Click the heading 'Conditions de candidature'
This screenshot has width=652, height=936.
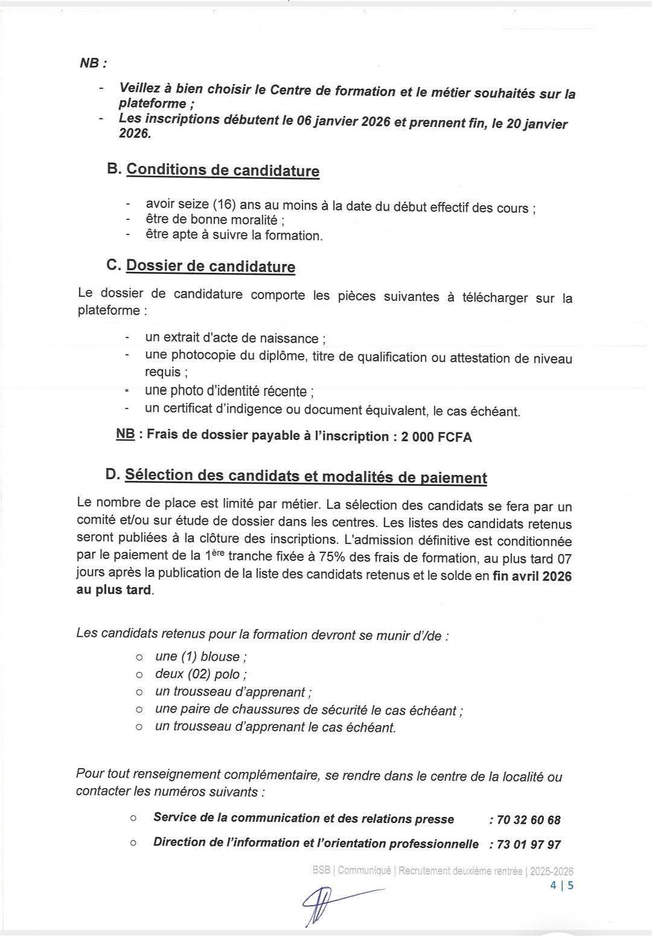(222, 170)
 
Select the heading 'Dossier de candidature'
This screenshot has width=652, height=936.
(210, 266)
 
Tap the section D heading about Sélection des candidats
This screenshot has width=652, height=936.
(305, 477)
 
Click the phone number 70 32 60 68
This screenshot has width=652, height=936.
(529, 820)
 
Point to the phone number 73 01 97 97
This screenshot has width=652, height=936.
(529, 845)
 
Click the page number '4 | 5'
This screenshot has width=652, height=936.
(561, 886)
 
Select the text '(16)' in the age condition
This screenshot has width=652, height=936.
(221, 205)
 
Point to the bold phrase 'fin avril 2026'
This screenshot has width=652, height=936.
(532, 576)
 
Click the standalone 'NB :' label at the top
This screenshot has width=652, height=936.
(93, 63)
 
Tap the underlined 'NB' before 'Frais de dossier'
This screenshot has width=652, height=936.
(126, 434)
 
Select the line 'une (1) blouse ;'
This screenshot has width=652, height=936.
(200, 657)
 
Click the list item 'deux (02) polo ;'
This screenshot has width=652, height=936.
(200, 674)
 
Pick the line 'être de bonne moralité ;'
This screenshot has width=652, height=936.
(215, 221)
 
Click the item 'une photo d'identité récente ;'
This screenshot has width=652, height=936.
(229, 392)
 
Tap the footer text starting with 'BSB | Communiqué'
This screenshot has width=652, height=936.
(443, 871)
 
